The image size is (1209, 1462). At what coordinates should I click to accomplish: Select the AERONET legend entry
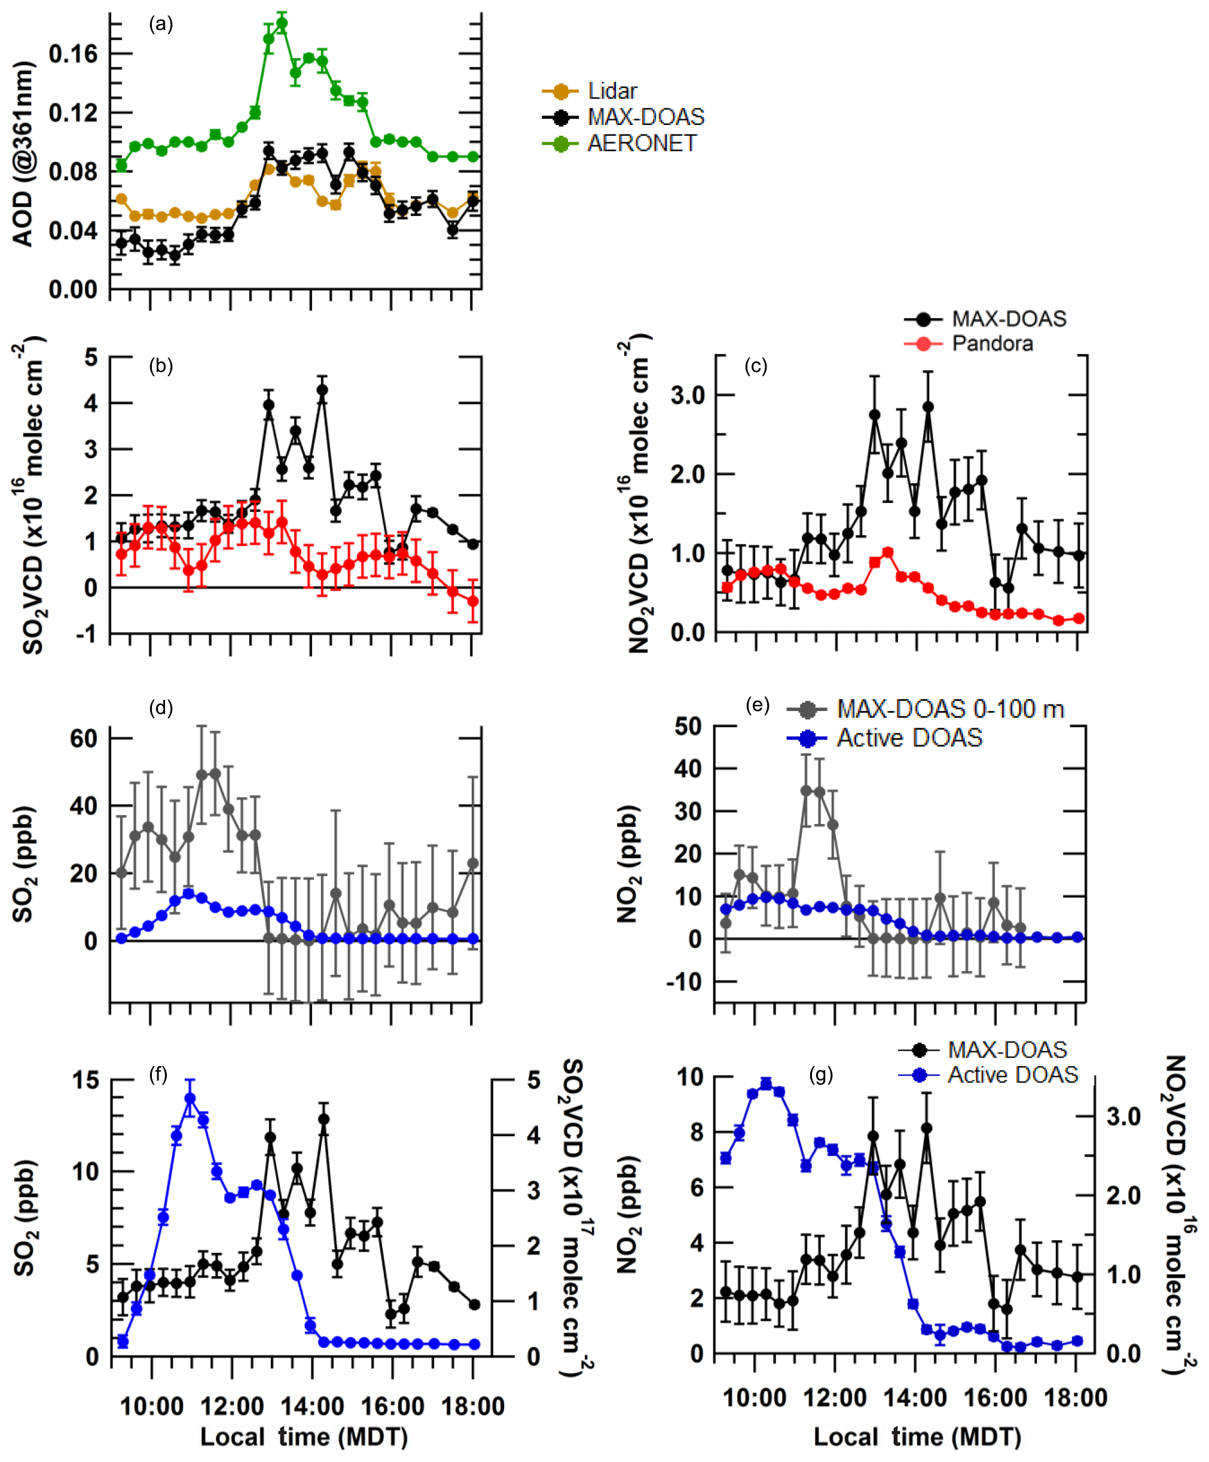click(x=640, y=143)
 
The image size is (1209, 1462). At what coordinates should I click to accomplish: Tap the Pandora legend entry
click(x=991, y=343)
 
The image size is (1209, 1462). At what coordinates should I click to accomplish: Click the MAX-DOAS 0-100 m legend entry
click(x=950, y=709)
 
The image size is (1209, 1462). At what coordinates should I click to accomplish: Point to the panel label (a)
click(x=161, y=25)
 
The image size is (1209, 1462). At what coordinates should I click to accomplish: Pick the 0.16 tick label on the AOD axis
click(x=73, y=54)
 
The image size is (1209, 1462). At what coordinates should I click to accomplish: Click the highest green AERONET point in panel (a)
click(x=282, y=23)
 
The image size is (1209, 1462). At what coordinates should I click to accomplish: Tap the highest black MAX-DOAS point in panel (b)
click(x=322, y=390)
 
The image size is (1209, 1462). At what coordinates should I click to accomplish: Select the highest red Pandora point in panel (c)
click(x=887, y=552)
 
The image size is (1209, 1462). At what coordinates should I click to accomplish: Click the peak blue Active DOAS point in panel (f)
click(x=190, y=1098)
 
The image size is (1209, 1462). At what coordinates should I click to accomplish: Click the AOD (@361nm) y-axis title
click(x=23, y=154)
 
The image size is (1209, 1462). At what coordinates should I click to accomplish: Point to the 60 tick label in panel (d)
click(x=84, y=738)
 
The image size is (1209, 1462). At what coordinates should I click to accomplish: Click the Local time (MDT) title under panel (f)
click(x=304, y=1436)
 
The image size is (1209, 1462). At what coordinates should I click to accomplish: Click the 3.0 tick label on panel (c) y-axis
click(x=688, y=395)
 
